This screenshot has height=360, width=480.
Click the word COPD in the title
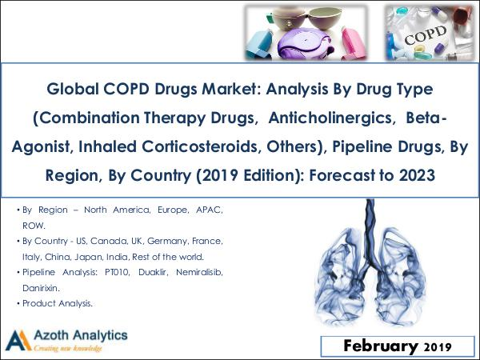point(126,89)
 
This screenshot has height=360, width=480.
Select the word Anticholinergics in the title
point(330,118)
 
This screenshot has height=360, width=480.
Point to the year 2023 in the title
point(417,175)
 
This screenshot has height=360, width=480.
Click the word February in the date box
point(381,346)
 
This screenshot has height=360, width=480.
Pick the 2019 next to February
point(438,347)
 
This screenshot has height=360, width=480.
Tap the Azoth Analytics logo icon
point(18,340)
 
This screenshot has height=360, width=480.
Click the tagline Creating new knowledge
point(68,348)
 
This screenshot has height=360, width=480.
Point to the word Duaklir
point(153,272)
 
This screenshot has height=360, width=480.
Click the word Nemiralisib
point(199,272)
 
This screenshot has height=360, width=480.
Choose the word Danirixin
point(41,288)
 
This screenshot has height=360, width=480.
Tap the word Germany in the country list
point(167,242)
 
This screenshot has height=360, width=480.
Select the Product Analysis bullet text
point(58,303)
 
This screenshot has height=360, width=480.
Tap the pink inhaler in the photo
point(354,42)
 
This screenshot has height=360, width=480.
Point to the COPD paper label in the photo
point(425,35)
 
